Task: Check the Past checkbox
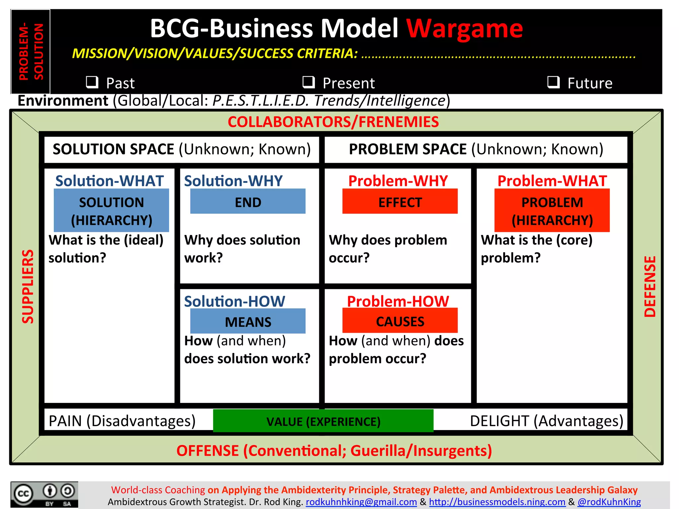(x=92, y=82)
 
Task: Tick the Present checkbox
(x=309, y=82)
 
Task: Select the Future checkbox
(x=553, y=82)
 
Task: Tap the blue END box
(x=248, y=201)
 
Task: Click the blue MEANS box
(x=248, y=321)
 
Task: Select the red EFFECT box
(x=400, y=201)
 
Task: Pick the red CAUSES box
(x=400, y=321)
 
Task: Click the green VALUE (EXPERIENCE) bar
(x=323, y=421)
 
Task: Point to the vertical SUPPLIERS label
(x=28, y=287)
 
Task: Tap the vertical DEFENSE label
(x=650, y=287)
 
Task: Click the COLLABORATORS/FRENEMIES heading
(x=333, y=122)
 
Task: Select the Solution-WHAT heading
(x=109, y=181)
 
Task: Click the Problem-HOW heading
(x=398, y=301)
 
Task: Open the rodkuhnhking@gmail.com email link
(x=361, y=502)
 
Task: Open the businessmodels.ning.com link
(x=497, y=502)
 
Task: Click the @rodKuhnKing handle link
(x=609, y=502)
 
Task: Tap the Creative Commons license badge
(x=44, y=494)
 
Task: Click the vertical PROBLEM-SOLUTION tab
(x=31, y=51)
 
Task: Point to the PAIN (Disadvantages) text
(x=122, y=421)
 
